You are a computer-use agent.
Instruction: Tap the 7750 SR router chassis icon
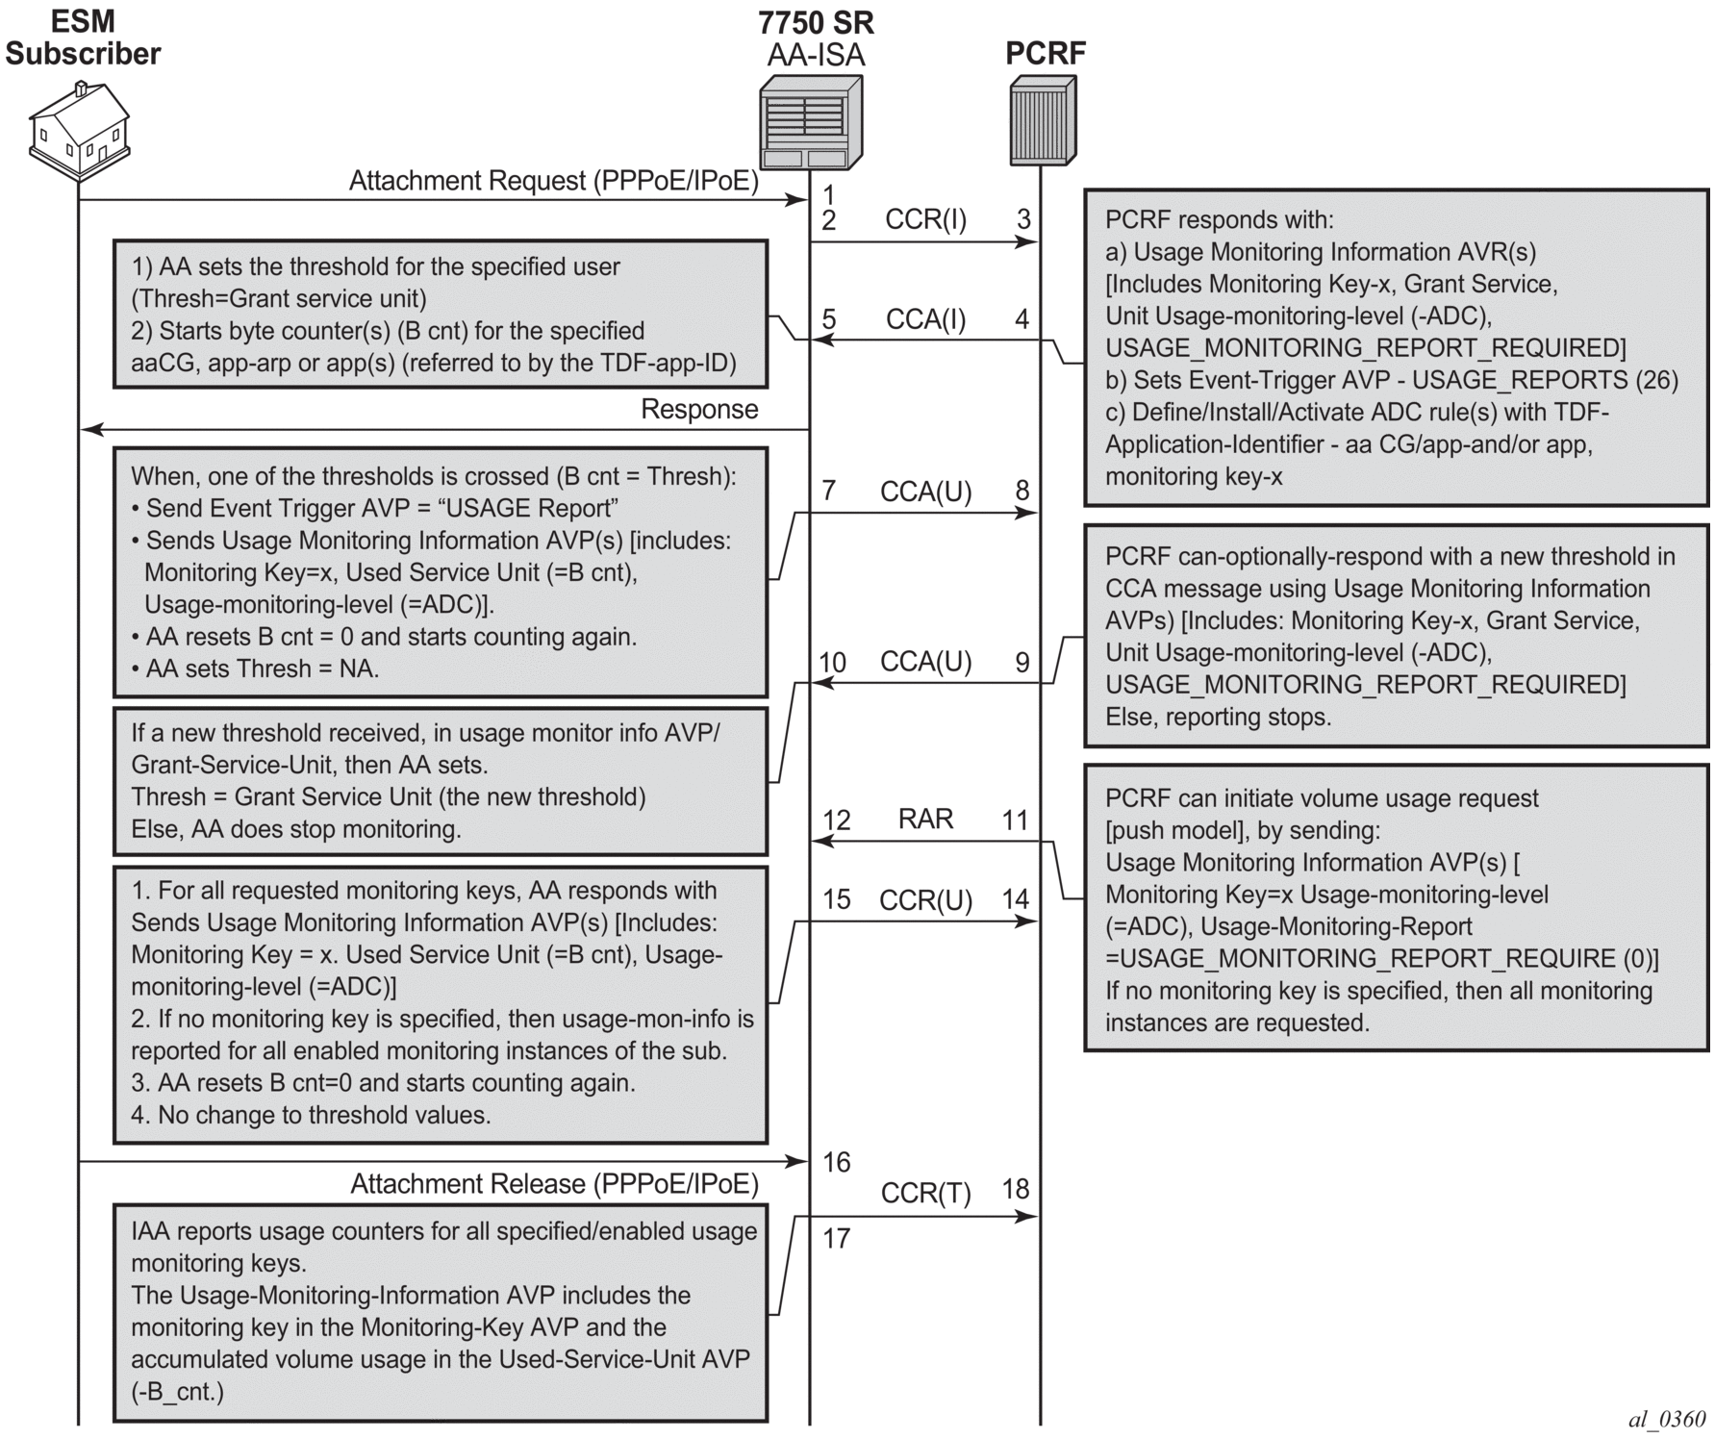pos(810,122)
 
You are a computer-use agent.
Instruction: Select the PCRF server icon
pos(1042,120)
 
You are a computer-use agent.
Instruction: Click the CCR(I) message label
pos(925,219)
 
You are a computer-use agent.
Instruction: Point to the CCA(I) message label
pos(925,318)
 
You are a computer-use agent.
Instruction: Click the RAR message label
pos(925,819)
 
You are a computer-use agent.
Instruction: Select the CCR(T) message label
pos(925,1193)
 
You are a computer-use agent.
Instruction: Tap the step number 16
pos(836,1162)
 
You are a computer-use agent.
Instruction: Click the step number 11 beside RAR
pos(1015,820)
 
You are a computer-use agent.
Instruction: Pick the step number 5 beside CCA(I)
pos(829,318)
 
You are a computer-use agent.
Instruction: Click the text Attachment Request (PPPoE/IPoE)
pos(553,181)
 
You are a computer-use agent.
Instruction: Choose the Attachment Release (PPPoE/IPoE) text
pos(554,1184)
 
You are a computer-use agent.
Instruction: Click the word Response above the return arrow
pos(699,409)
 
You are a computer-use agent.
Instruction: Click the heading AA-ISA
pos(816,55)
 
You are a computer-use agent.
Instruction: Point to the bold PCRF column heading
pos(1046,53)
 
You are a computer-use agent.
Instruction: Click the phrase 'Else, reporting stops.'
pos(1218,717)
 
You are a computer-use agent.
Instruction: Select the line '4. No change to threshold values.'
pos(311,1115)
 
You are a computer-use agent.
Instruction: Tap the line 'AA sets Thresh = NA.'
pos(262,669)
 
